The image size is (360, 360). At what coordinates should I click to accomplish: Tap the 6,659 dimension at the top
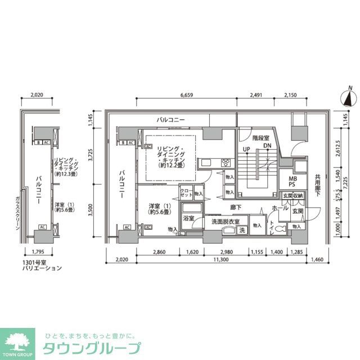tap(188, 95)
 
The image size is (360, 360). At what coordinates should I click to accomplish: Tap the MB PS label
tap(292, 180)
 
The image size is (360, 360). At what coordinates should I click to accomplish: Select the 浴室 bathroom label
tap(188, 218)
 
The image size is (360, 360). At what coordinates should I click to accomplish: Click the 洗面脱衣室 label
tap(226, 222)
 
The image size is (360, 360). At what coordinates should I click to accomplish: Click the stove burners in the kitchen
tap(226, 163)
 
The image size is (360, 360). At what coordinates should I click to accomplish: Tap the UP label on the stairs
tap(246, 148)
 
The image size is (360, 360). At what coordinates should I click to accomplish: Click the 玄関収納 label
tap(292, 195)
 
